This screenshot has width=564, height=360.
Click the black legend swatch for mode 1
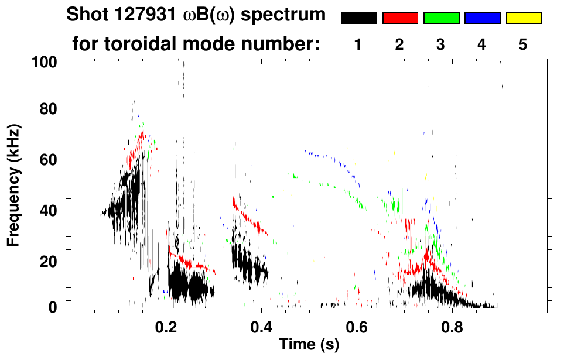pyautogui.click(x=359, y=18)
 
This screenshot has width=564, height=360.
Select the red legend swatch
pyautogui.click(x=400, y=18)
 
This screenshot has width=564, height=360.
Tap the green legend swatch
pyautogui.click(x=441, y=18)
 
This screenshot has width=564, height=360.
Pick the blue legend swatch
pyautogui.click(x=482, y=18)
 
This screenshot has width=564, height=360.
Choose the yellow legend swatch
pyautogui.click(x=524, y=18)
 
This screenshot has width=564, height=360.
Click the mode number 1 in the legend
pyautogui.click(x=358, y=45)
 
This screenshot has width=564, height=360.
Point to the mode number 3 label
pyautogui.click(x=440, y=45)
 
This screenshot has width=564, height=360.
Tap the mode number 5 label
pyautogui.click(x=523, y=45)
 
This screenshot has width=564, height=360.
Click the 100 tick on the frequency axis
pyautogui.click(x=45, y=60)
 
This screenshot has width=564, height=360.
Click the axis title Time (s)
pyautogui.click(x=308, y=346)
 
